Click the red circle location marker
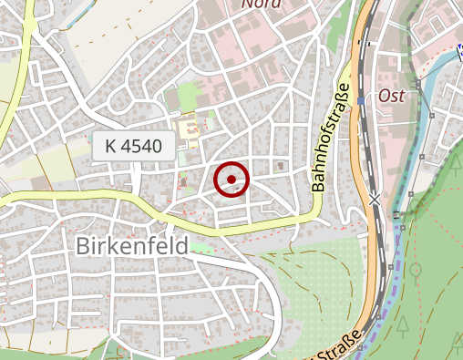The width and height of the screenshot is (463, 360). tap(231, 179)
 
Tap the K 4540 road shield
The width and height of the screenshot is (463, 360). tap(133, 146)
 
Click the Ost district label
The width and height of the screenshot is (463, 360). tap(390, 96)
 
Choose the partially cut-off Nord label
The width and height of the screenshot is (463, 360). tap(261, 4)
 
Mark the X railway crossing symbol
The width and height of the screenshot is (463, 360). tap(375, 198)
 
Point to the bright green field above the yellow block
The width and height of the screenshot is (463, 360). tap(188, 96)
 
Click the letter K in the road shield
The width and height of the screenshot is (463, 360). tap(110, 146)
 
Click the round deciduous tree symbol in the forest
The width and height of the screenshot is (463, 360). tap(416, 271)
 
